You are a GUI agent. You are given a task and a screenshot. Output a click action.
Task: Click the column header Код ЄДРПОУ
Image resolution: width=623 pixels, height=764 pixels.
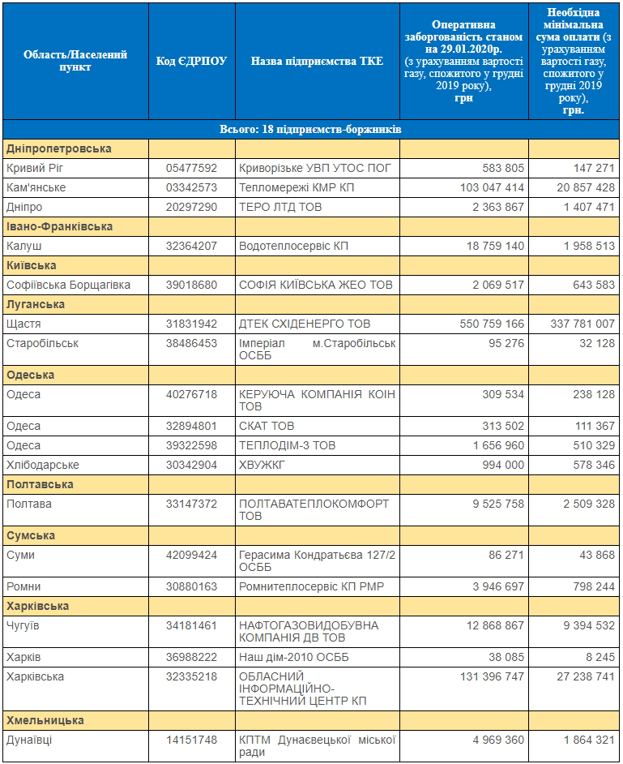coord(191,61)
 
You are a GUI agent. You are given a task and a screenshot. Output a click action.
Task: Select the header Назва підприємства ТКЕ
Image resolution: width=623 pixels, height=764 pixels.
coord(317,61)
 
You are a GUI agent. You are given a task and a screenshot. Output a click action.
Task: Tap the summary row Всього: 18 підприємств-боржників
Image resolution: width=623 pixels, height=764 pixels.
coord(310,129)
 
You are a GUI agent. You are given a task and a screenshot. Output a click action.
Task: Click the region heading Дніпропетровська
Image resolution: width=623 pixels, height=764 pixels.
coord(59,148)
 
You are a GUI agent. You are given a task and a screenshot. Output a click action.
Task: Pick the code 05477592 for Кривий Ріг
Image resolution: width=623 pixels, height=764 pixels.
coord(191,168)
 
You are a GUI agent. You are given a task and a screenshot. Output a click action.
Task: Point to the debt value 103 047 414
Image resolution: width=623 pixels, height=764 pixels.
coord(492,187)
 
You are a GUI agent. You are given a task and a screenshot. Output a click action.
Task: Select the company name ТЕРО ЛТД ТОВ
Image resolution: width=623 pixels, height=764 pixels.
coord(280,207)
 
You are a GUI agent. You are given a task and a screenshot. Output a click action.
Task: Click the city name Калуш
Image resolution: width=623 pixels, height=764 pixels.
coord(23,246)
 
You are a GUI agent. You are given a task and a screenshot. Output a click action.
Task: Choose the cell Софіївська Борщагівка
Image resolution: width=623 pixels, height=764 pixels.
coord(69,285)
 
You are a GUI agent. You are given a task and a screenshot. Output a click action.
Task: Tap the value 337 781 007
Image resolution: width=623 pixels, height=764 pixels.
coord(582,324)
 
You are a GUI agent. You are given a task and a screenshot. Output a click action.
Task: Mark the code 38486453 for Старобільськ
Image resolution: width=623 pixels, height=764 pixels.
coord(191,344)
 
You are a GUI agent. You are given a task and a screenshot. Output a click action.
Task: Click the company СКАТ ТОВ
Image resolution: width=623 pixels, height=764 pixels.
coord(267,426)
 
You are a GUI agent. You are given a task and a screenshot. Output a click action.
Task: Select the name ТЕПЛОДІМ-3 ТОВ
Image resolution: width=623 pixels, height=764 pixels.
coord(287,445)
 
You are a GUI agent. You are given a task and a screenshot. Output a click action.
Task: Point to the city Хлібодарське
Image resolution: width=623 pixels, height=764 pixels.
coord(43,465)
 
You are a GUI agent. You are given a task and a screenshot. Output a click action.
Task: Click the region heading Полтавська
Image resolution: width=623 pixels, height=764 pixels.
coord(40,484)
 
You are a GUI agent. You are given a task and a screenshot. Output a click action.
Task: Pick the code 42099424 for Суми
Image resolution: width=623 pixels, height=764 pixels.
coord(191,555)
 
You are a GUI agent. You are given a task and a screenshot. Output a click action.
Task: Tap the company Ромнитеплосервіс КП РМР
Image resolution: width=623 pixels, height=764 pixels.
coord(311,586)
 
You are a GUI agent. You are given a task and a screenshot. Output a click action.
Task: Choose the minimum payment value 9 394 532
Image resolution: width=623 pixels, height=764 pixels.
coord(589,625)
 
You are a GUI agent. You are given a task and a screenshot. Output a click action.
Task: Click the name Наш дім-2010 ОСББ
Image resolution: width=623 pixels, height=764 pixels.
coord(294,657)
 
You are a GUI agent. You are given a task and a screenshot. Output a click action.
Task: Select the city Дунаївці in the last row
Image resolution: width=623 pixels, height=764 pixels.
coord(29,740)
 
